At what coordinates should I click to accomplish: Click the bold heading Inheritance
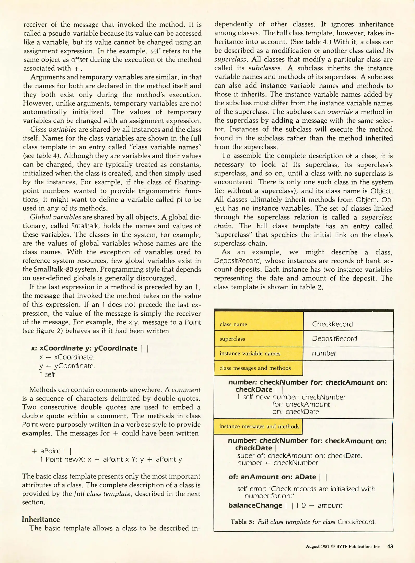pos(41,519)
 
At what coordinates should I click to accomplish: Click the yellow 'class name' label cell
pos(259,324)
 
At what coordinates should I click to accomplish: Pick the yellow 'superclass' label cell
pos(259,339)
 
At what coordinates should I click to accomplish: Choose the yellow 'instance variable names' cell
pos(259,353)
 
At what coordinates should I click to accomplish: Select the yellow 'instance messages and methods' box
pos(258,426)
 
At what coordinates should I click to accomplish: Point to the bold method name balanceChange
pos(255,505)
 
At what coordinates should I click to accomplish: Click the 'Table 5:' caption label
pos(242,522)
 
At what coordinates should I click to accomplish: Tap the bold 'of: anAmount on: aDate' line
pos(272,477)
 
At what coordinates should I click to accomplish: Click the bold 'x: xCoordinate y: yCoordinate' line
pos(84,348)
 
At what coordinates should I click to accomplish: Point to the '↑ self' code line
pos(47,375)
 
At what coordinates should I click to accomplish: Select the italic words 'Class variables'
pos(53,130)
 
